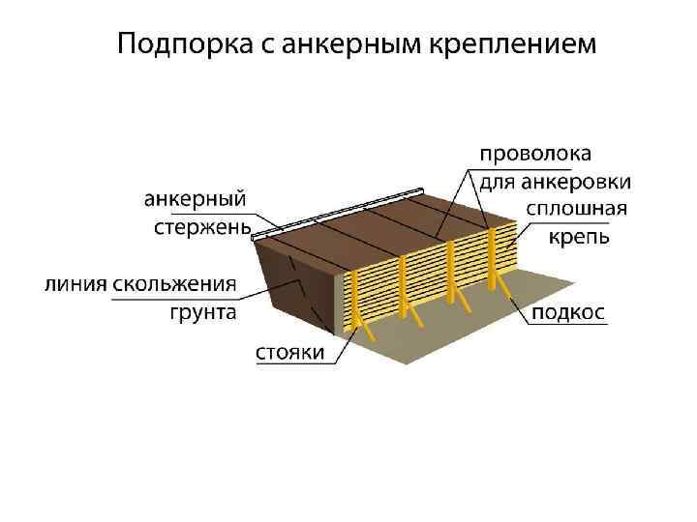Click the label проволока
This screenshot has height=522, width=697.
tap(537, 155)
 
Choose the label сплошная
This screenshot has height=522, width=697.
tap(577, 210)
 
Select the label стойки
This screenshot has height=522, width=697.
tap(289, 353)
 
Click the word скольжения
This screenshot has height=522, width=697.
tap(174, 285)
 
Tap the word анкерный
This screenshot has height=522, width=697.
tap(195, 199)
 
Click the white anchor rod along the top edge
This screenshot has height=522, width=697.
tap(339, 213)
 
